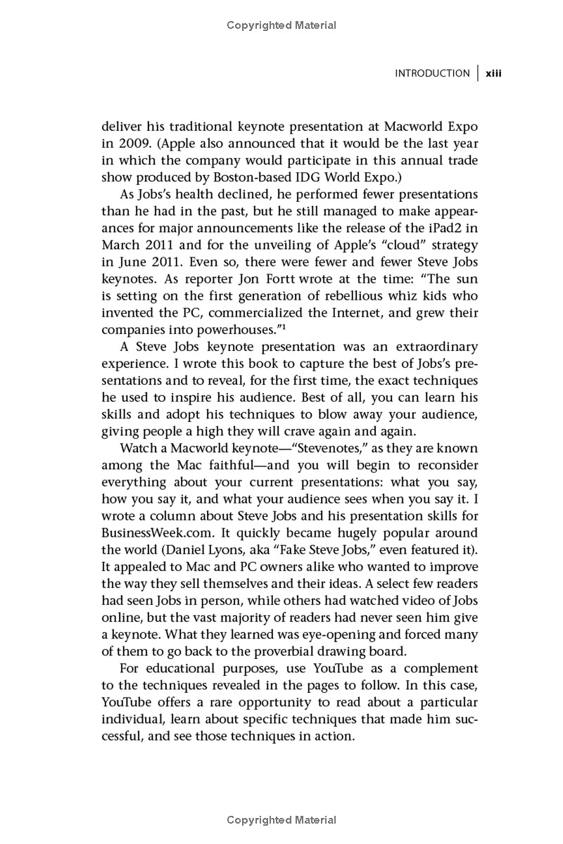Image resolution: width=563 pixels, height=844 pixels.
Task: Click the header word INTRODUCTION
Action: coord(432,73)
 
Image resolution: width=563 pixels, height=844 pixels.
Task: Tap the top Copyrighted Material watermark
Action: coord(281,25)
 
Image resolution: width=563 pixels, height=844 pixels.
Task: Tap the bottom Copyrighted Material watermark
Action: coord(281,820)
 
